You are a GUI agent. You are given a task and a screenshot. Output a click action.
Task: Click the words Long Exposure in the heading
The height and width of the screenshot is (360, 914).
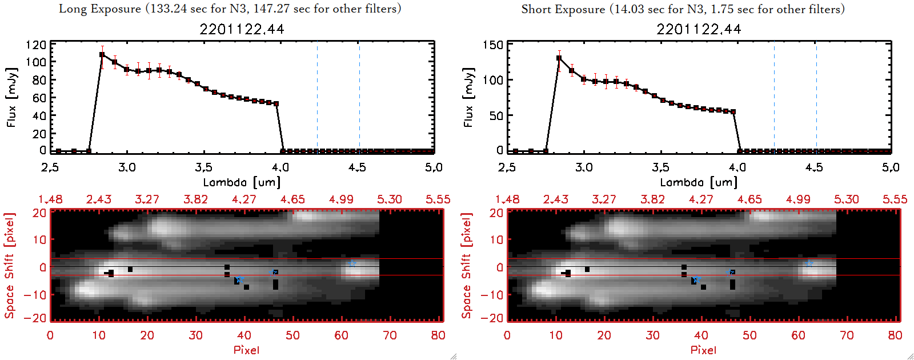(99, 9)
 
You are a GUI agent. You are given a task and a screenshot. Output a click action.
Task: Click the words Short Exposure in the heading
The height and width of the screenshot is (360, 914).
(563, 9)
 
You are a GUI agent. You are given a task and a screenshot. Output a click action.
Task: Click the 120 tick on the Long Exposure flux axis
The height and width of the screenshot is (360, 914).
(36, 45)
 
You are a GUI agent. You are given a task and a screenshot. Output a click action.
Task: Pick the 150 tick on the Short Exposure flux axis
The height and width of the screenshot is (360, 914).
(493, 45)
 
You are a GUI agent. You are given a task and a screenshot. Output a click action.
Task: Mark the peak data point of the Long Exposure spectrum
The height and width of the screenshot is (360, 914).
(102, 55)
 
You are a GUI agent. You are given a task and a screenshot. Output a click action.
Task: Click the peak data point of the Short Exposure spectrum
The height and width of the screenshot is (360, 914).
(559, 58)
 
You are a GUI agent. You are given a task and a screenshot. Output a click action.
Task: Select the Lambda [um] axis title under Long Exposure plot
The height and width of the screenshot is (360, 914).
(242, 182)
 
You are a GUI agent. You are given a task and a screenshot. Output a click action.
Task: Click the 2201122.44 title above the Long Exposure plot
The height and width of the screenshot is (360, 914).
(242, 29)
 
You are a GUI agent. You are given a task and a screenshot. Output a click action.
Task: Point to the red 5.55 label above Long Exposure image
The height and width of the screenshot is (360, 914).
(438, 199)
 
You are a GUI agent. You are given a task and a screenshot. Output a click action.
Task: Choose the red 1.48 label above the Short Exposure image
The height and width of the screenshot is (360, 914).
(507, 199)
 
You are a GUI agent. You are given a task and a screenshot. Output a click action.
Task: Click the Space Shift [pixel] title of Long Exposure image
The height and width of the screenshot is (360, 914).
(10, 266)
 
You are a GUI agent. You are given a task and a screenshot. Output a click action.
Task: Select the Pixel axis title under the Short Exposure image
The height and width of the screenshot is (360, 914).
(703, 350)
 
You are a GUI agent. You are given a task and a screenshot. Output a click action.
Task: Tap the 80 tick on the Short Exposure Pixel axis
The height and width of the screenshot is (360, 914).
(895, 335)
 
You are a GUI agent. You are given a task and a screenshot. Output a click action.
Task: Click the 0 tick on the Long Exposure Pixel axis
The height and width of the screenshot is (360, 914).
(50, 335)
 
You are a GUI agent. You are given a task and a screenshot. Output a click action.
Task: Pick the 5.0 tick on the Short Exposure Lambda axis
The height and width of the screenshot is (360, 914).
(891, 167)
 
